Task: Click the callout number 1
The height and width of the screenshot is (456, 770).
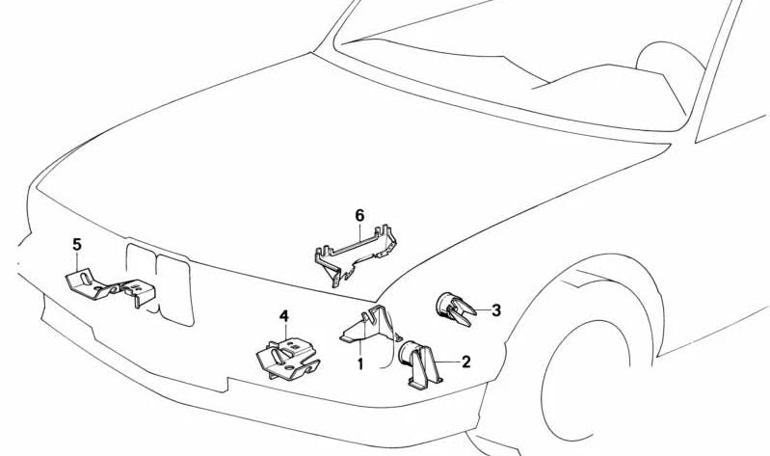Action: tap(360, 364)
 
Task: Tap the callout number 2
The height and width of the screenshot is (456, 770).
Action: tap(465, 362)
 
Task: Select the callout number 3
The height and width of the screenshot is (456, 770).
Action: tap(496, 310)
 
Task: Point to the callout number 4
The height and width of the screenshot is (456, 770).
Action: tap(284, 316)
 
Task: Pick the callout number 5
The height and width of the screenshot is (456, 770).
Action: tap(77, 244)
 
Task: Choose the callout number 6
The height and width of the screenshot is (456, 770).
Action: tap(359, 215)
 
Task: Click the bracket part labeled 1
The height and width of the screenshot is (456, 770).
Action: tap(371, 325)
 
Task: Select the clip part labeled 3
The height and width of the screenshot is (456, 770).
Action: tap(455, 308)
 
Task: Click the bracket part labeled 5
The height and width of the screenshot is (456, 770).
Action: tap(111, 287)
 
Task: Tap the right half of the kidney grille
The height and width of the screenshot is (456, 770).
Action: tap(174, 289)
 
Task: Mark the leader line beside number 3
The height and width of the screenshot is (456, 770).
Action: tap(483, 310)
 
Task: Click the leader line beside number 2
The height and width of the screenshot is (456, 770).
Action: tap(447, 362)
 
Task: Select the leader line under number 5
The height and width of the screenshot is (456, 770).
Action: tap(77, 260)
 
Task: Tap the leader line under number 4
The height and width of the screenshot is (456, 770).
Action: tap(284, 332)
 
